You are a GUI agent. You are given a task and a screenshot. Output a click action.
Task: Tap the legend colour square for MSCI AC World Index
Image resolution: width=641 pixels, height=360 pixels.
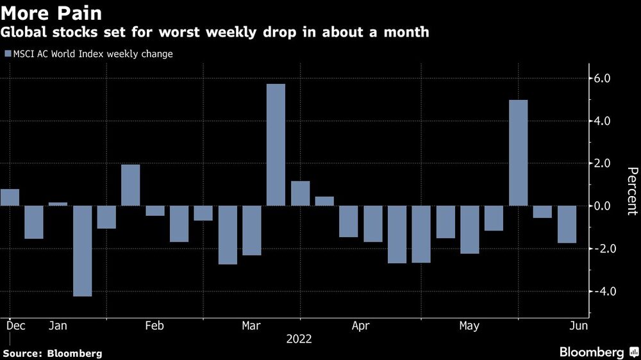7,54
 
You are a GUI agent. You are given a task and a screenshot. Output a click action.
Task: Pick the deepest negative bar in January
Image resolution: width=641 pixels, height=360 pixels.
82,250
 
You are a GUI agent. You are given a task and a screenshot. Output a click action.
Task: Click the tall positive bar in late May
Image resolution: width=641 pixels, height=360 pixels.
518,152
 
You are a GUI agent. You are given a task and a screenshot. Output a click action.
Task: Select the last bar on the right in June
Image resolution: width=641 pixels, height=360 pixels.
567,224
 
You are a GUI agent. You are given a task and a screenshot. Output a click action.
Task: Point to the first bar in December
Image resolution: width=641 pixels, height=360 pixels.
10,197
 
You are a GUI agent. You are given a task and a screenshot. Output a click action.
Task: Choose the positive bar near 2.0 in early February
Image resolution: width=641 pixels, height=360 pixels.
130,185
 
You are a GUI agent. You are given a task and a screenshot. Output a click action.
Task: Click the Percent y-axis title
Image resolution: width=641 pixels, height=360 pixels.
632,191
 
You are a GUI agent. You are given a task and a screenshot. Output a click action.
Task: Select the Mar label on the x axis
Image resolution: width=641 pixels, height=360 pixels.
251,326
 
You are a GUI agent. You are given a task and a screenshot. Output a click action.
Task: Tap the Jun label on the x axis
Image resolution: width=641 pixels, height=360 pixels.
579,326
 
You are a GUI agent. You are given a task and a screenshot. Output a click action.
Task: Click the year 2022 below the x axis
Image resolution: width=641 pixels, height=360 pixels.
299,339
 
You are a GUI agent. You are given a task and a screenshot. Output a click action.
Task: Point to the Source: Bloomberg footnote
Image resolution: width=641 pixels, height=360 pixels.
53,353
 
